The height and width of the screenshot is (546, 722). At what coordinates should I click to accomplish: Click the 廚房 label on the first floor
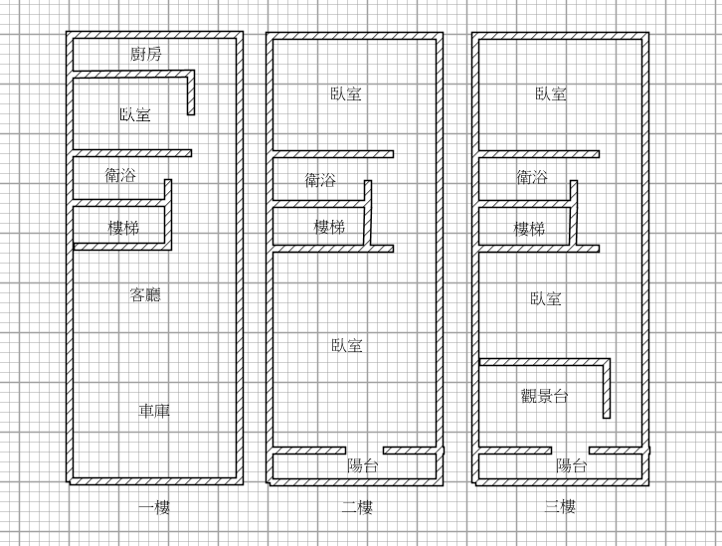(x=146, y=54)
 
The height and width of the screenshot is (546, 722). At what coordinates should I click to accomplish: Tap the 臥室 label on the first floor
(x=134, y=115)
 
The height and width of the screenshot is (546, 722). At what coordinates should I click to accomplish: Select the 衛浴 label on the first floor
(x=120, y=176)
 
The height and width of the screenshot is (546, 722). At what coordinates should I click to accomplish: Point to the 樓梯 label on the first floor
(x=123, y=228)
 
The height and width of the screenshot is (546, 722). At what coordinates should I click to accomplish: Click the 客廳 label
(x=145, y=295)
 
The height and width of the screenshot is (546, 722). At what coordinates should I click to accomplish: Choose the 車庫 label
(x=153, y=410)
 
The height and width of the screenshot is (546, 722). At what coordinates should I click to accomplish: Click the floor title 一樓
(x=153, y=507)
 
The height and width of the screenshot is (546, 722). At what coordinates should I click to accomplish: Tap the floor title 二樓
(x=357, y=507)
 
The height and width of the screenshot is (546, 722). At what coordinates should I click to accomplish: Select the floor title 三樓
(x=560, y=507)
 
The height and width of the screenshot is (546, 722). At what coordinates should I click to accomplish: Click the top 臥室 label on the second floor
(x=346, y=93)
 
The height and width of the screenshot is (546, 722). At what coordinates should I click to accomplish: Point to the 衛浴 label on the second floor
(x=320, y=180)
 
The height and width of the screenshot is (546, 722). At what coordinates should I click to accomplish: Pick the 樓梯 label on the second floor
(x=329, y=228)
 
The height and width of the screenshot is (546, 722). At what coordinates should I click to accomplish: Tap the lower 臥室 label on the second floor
(x=347, y=345)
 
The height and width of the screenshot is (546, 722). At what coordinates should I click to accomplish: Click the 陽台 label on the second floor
(x=362, y=464)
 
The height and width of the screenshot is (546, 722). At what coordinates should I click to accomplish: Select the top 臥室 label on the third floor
(x=551, y=93)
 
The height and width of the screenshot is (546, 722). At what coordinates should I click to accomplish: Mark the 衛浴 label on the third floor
(x=531, y=178)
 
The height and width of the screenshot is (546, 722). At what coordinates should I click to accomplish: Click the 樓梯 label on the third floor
(x=529, y=229)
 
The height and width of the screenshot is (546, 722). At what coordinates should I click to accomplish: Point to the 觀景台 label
(x=544, y=396)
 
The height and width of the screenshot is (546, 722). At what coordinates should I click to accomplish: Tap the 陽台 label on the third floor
(x=571, y=464)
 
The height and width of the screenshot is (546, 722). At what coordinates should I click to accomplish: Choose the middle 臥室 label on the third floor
(x=546, y=297)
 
